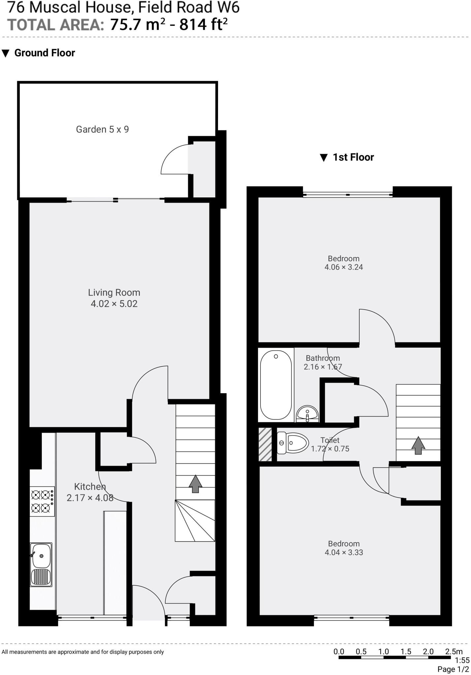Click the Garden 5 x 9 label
(102, 130)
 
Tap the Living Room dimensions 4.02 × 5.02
(114, 304)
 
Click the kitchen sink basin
(41, 556)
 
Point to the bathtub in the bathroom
(276, 385)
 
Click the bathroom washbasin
(307, 414)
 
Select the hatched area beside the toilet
(265, 444)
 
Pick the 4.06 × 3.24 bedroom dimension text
(344, 267)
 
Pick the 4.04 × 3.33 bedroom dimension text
(344, 552)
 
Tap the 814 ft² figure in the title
(203, 25)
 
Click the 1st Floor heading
(353, 157)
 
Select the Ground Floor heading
(45, 53)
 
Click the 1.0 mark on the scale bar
(383, 652)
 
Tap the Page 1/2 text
(453, 669)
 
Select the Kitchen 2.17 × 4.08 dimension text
(90, 498)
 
